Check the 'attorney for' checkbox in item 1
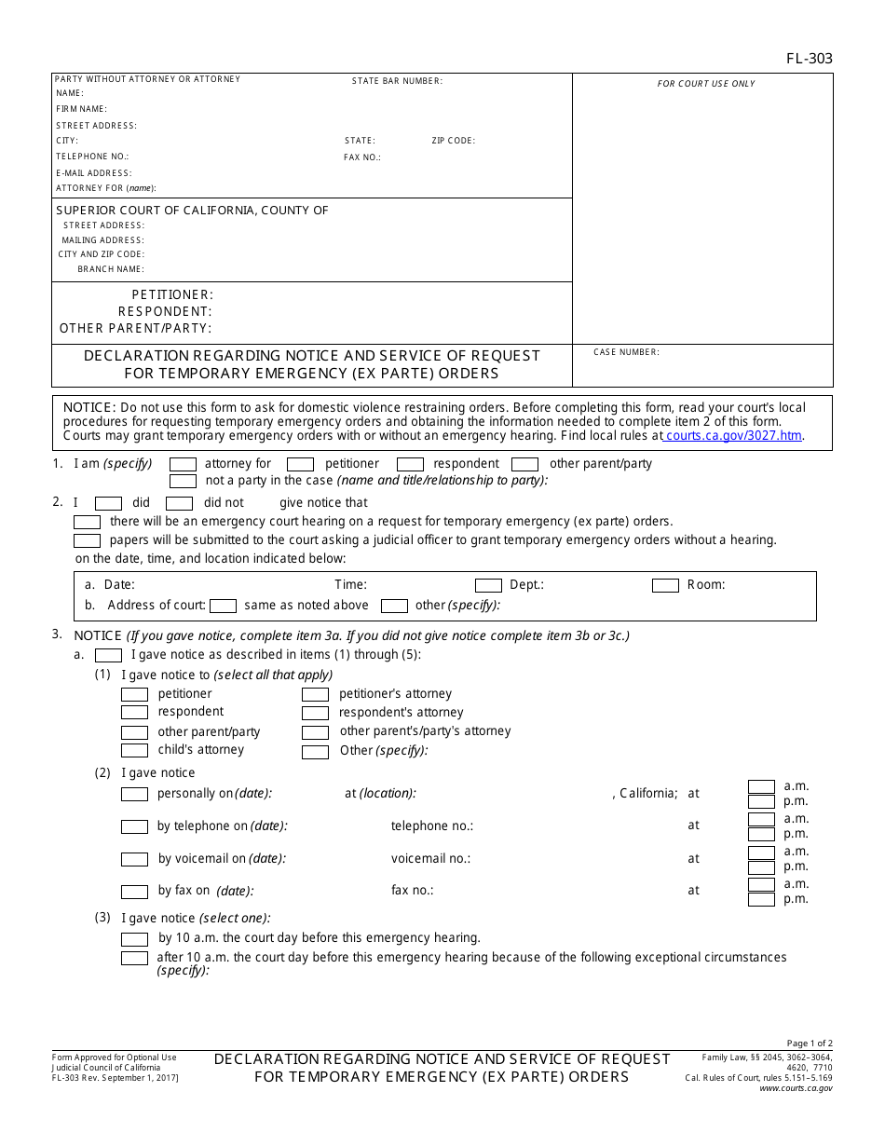coord(183,464)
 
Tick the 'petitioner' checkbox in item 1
coord(300,464)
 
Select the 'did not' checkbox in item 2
coord(179,503)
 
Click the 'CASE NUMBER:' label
coord(626,352)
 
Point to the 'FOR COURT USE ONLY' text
coord(706,84)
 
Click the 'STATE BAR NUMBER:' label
coord(397,81)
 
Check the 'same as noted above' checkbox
coord(223,606)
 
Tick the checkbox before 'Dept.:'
coord(488,586)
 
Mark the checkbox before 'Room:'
coord(665,586)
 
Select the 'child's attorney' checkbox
coord(135,751)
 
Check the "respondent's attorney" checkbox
coord(315,714)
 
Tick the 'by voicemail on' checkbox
coord(135,859)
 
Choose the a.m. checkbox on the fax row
coord(761,884)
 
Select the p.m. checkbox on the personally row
coord(761,802)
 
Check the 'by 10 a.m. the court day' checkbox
coord(135,939)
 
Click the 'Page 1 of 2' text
coord(810,1044)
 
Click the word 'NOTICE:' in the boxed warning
coord(88,408)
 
